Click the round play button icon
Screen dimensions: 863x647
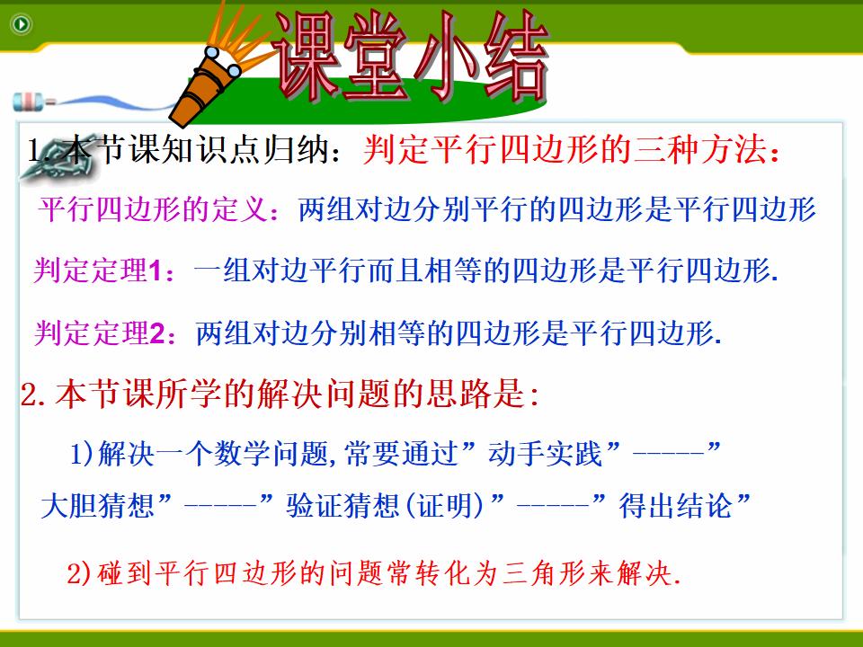coord(22,24)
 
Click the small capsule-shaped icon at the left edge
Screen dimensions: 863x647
coord(33,102)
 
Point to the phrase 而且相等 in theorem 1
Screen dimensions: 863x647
coord(396,270)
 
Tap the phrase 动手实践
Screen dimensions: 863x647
coord(546,455)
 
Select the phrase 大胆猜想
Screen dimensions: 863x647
coord(98,506)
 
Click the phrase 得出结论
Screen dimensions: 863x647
coord(676,506)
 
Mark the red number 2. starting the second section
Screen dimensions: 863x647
coord(33,394)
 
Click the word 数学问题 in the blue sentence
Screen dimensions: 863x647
coord(271,455)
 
